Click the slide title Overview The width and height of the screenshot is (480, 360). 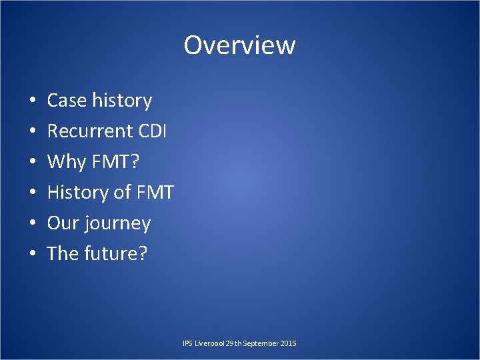point(239,45)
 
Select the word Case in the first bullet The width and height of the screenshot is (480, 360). point(67,101)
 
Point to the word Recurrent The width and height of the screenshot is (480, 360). point(90,131)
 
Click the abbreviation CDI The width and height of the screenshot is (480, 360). point(153,131)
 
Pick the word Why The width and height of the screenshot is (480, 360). point(67,162)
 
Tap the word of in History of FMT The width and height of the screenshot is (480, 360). point(121,193)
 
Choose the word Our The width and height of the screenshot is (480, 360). point(63,223)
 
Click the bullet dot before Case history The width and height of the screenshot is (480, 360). point(33,101)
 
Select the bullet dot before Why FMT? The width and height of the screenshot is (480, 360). point(33,163)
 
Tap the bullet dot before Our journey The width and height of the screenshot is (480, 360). point(33,224)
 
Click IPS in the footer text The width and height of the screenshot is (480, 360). point(187,343)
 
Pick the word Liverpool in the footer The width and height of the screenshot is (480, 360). point(209,343)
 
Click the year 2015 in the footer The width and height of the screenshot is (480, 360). point(289,343)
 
